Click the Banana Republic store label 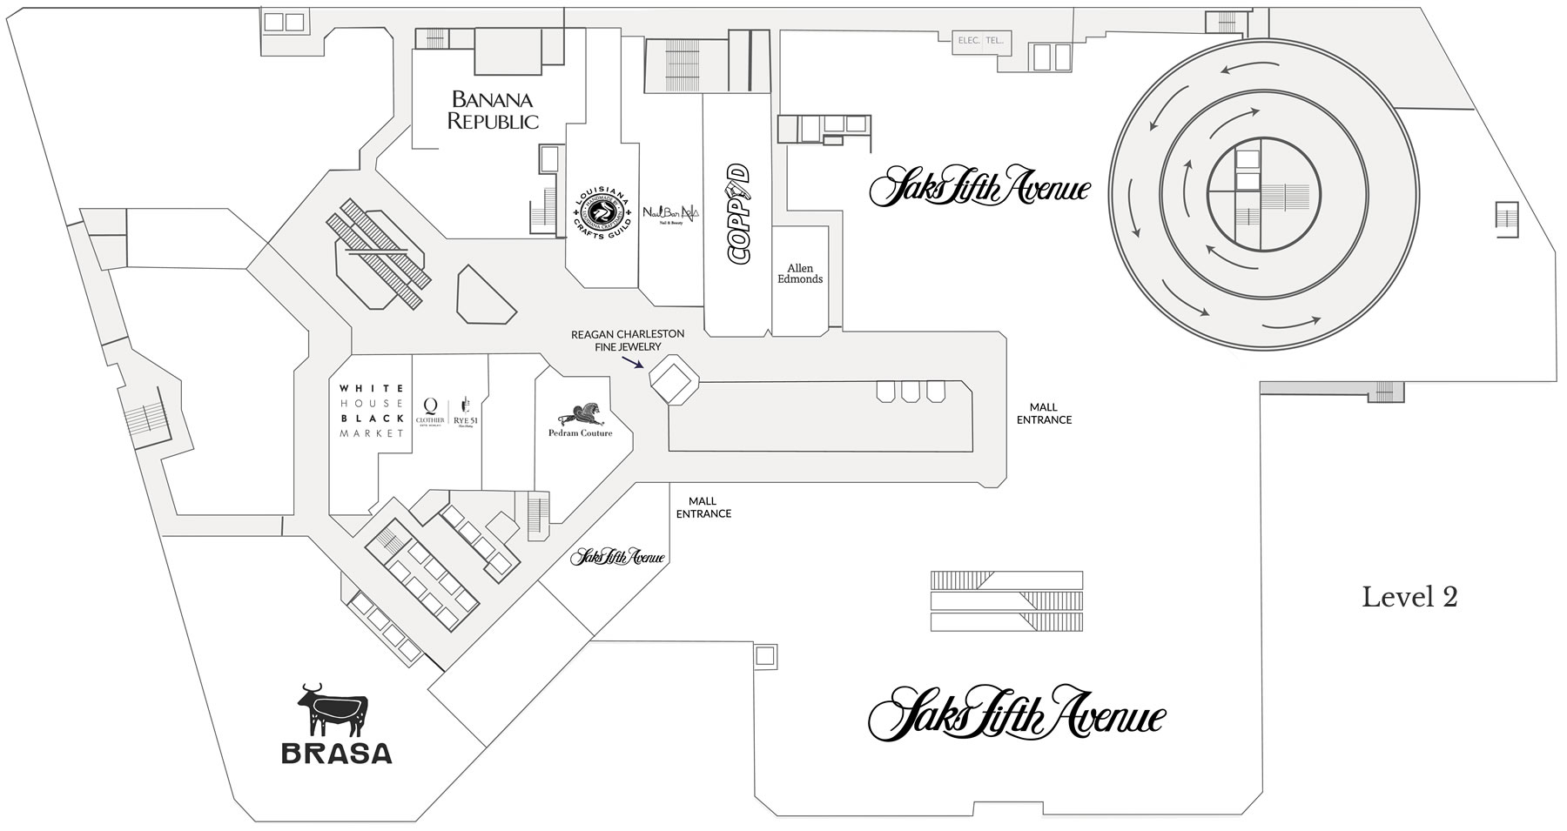click(x=493, y=111)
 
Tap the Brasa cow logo click(x=333, y=712)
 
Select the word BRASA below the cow click(x=336, y=754)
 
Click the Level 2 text click(x=1409, y=597)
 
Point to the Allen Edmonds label click(x=799, y=274)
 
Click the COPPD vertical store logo click(x=738, y=213)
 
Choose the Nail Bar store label click(x=671, y=213)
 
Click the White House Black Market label click(x=371, y=411)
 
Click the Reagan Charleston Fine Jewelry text click(x=627, y=340)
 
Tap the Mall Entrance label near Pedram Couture click(x=703, y=507)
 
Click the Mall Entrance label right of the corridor click(x=1044, y=413)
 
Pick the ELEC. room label click(x=968, y=40)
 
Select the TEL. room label click(x=996, y=40)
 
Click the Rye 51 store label click(x=466, y=412)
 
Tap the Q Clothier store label click(x=431, y=411)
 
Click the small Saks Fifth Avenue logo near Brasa click(x=618, y=558)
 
